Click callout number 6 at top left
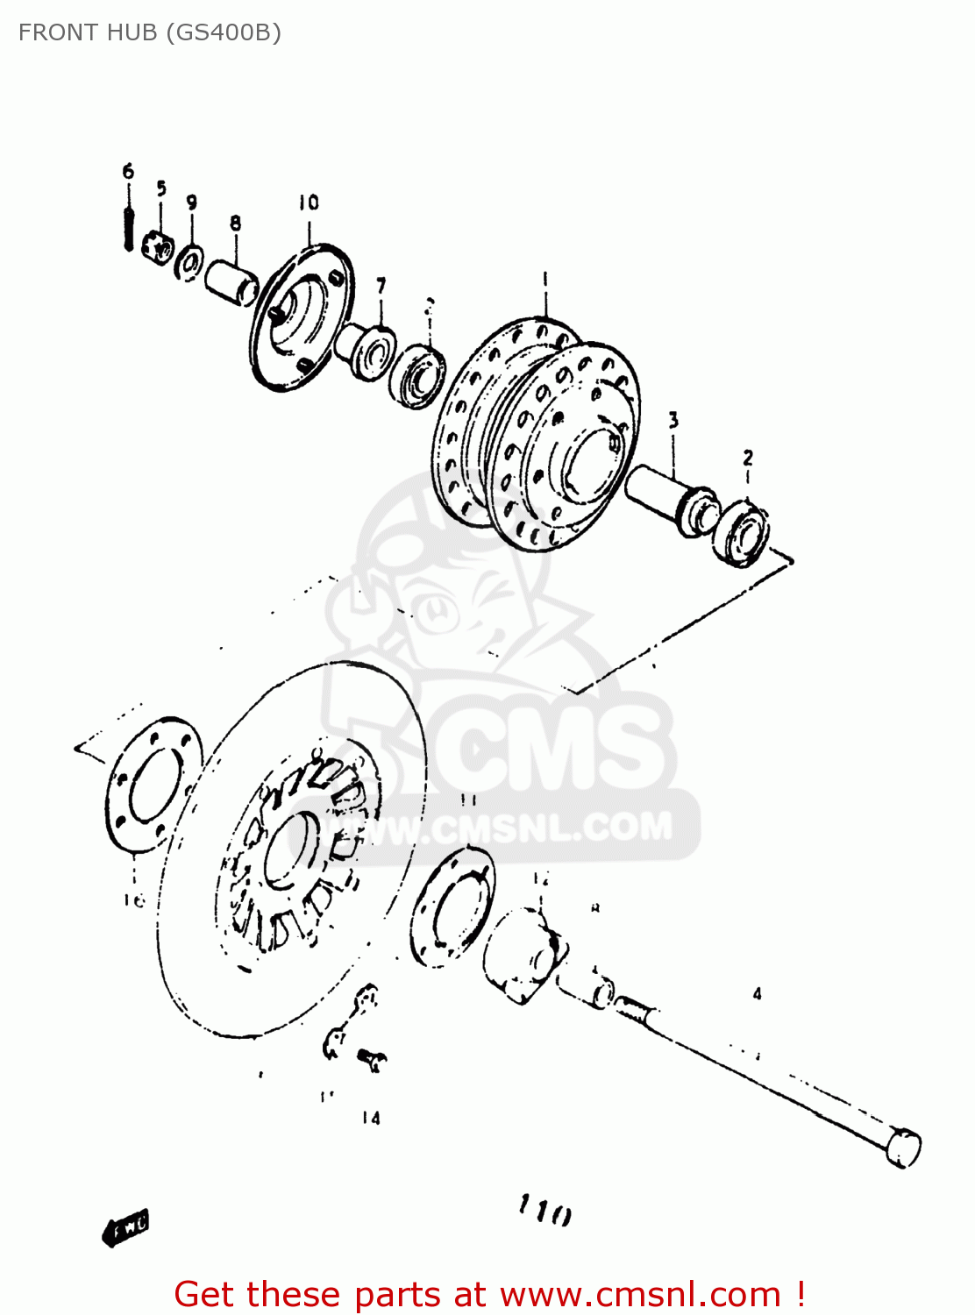pos(128,171)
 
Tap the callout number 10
pos(309,203)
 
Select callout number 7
pos(381,286)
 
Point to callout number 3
pos(673,421)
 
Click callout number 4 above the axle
pos(757,994)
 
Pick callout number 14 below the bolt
pos(371,1118)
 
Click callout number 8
pos(235,224)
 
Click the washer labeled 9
pos(189,261)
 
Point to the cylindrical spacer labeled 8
pos(231,281)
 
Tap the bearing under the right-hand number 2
pos(742,533)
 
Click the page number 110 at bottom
pos(544,1211)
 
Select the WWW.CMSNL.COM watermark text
pos(509,828)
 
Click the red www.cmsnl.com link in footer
pos(640,1295)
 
